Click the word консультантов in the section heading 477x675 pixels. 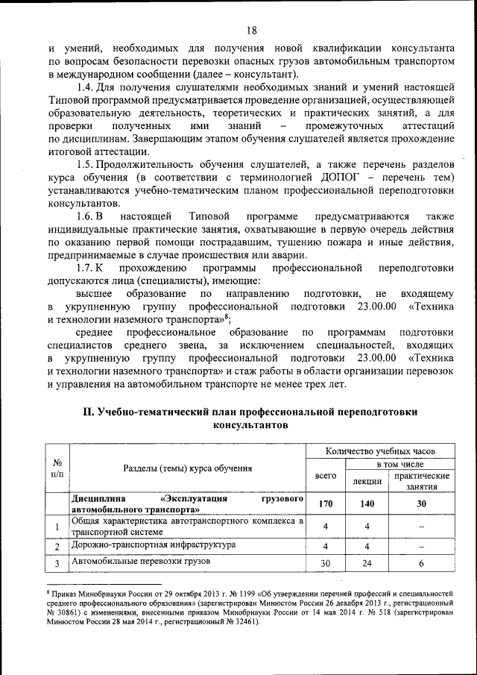(250, 425)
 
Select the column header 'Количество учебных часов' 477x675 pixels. (380, 451)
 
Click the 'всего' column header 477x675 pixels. (326, 475)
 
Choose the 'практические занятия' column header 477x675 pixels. (422, 481)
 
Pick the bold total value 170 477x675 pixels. (326, 504)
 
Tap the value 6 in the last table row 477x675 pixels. (422, 563)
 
